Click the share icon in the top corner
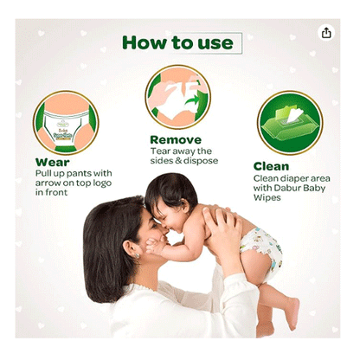point(326,32)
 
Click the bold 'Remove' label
point(177,138)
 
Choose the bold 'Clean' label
point(272,166)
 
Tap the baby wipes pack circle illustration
point(289,123)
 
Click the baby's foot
point(291,316)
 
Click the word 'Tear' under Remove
point(159,150)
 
